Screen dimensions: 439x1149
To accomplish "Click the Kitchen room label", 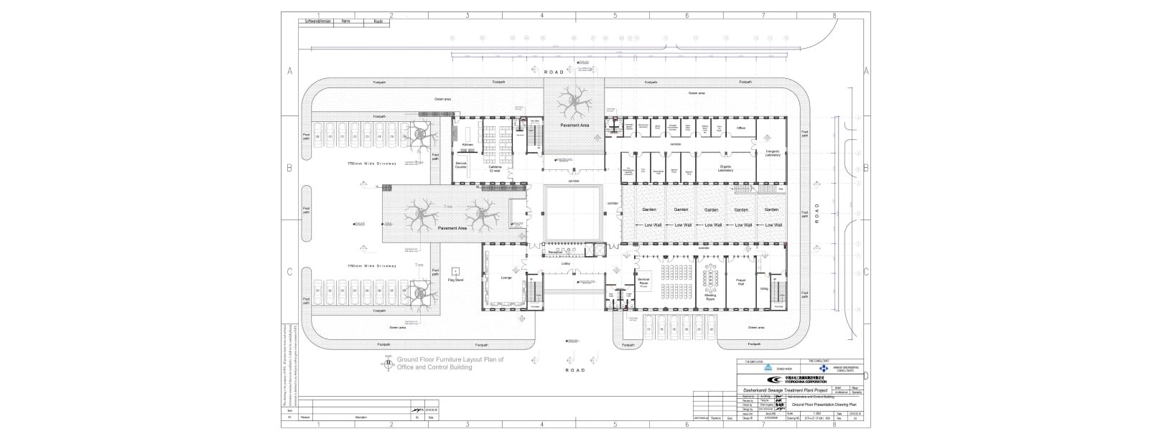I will tap(467, 145).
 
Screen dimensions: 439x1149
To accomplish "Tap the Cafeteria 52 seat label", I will tap(495, 168).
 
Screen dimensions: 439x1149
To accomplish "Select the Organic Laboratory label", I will tap(725, 169).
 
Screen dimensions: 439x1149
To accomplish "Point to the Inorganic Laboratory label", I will tap(772, 154).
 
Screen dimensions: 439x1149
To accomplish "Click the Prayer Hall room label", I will tap(740, 283).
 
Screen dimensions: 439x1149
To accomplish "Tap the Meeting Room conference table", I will tap(711, 276).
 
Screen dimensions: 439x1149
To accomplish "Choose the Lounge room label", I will tap(506, 278).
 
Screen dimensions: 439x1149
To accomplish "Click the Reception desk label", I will tap(554, 252).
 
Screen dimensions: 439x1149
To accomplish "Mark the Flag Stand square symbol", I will tap(455, 271).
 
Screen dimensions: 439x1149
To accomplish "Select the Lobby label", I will tap(566, 264).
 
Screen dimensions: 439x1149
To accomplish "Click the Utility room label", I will tap(764, 288).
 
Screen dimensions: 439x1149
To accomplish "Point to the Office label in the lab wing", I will tap(741, 128).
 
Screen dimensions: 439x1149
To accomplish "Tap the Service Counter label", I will tap(461, 165).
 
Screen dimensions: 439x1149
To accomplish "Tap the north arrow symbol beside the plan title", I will tap(389, 364).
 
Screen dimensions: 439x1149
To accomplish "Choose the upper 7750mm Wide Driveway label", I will tap(372, 164).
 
